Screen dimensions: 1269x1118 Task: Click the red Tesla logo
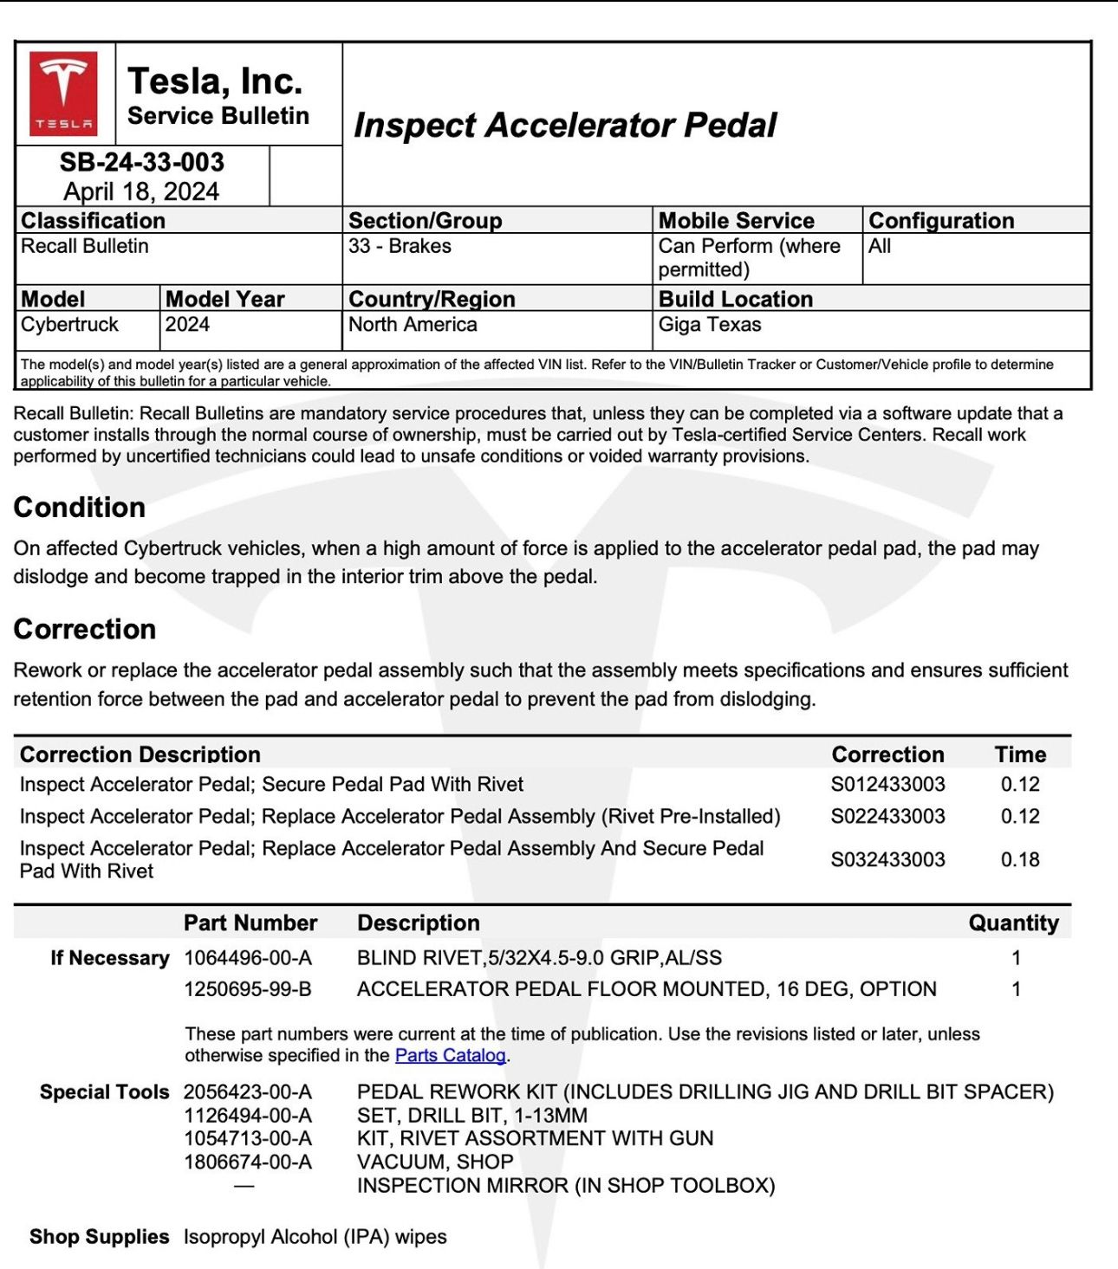(64, 94)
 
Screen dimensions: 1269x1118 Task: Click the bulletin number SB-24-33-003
(142, 162)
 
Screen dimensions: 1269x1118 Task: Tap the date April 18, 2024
(141, 191)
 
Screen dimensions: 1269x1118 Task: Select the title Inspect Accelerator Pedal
(565, 125)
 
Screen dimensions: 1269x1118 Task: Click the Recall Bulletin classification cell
(85, 246)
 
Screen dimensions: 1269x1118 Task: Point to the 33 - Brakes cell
(400, 246)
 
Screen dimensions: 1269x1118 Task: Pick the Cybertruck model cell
(69, 325)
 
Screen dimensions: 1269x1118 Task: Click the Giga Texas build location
(710, 325)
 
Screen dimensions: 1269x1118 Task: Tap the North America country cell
(413, 325)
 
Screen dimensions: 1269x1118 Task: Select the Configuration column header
(941, 221)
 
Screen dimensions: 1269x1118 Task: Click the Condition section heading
(80, 508)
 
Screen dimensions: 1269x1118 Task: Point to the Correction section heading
(85, 629)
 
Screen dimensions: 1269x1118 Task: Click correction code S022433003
(887, 816)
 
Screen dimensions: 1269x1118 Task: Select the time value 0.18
(1020, 859)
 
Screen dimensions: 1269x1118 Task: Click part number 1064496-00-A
(248, 958)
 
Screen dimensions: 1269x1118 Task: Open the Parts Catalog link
(451, 1055)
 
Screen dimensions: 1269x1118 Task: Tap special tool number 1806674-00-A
(248, 1162)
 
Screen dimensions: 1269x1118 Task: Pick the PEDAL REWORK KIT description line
(705, 1091)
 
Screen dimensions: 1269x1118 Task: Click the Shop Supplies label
(99, 1237)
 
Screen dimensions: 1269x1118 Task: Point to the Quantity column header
(1013, 923)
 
